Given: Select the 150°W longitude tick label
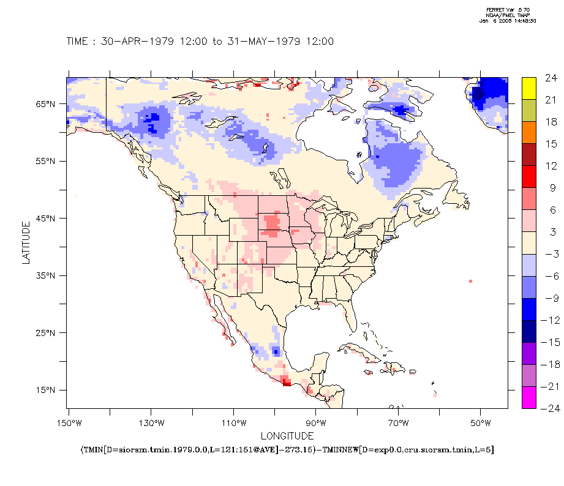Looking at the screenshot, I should coord(69,423).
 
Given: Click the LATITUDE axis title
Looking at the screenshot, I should coord(26,243).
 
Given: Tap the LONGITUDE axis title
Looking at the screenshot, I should coord(287,436).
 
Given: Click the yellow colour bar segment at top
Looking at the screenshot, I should coord(530,89).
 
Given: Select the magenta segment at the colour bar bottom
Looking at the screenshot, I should coord(530,397).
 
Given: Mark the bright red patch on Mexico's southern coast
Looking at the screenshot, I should coord(286,383).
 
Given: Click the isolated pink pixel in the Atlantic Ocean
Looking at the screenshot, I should coord(470,281).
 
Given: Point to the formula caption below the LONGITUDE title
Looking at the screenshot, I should coord(287,450).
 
